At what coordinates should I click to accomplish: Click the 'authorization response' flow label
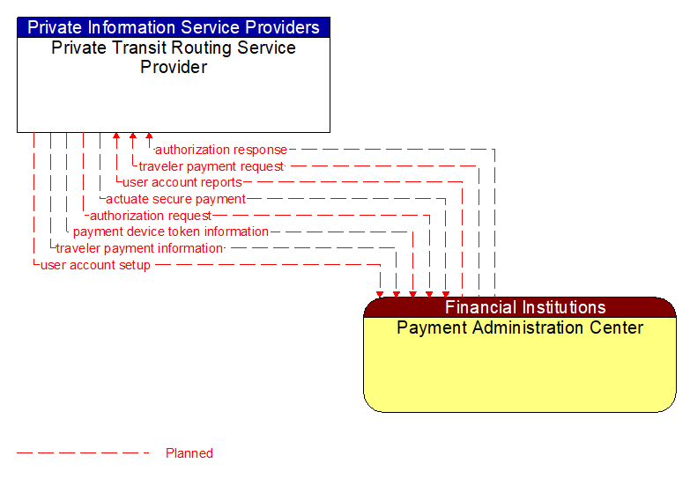221,150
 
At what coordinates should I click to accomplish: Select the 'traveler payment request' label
211,166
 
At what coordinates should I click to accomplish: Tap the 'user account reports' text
182,182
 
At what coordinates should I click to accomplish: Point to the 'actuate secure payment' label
175,199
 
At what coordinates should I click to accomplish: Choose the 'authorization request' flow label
151,216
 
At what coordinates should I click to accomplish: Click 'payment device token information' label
171,232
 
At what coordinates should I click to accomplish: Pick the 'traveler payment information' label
139,248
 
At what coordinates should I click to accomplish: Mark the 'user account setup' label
95,265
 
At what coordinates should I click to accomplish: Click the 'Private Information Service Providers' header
174,27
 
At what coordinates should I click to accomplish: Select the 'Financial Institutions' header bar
524,307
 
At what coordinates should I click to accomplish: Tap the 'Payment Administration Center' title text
520,328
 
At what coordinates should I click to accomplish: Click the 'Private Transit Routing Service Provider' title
174,57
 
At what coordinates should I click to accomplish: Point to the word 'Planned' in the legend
189,453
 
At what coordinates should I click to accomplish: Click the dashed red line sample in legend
84,453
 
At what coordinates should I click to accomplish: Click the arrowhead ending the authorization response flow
149,137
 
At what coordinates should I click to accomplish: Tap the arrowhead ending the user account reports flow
116,137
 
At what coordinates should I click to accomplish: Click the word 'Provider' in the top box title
174,67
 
